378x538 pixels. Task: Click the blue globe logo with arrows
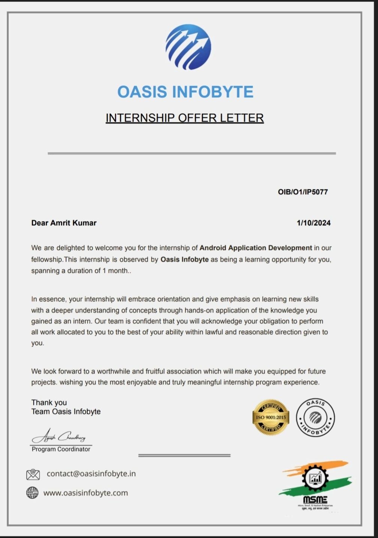188,47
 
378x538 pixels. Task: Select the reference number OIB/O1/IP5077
303,192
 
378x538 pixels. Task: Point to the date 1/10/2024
314,223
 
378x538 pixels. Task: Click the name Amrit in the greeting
60,223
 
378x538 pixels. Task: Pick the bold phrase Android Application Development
255,248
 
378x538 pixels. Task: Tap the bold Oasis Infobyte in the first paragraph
184,259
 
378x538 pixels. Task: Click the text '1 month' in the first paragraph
115,270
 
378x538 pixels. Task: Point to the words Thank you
49,403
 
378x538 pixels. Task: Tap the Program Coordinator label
61,449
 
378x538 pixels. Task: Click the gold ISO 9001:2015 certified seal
271,417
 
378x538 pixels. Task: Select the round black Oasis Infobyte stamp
315,417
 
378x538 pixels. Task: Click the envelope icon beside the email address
33,474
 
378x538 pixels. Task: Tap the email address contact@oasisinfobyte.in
91,474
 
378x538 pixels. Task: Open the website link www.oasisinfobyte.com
85,493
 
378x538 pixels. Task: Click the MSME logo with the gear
315,484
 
